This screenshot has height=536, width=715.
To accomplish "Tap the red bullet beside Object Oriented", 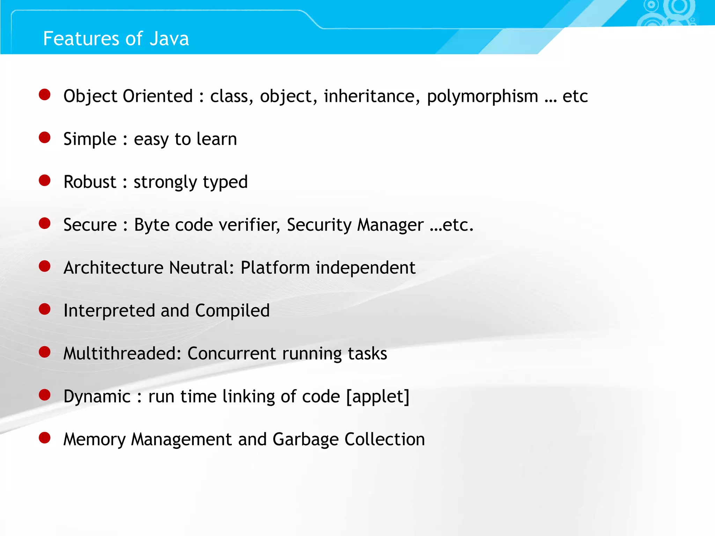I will point(45,95).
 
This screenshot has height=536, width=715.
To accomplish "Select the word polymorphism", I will point(482,97).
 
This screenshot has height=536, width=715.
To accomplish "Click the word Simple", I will point(90,139).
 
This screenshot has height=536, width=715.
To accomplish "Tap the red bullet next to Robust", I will point(45,180).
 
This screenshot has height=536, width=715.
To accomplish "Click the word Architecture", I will point(113,268).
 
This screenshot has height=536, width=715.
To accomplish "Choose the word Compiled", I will point(232,311).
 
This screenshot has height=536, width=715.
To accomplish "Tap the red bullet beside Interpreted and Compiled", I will point(45,309).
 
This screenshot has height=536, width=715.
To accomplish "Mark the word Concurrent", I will point(232,353).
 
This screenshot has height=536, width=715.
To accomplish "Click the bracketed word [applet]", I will point(378,397).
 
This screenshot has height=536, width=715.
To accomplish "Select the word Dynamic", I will point(97,397).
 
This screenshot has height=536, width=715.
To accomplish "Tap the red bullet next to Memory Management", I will point(45,438).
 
